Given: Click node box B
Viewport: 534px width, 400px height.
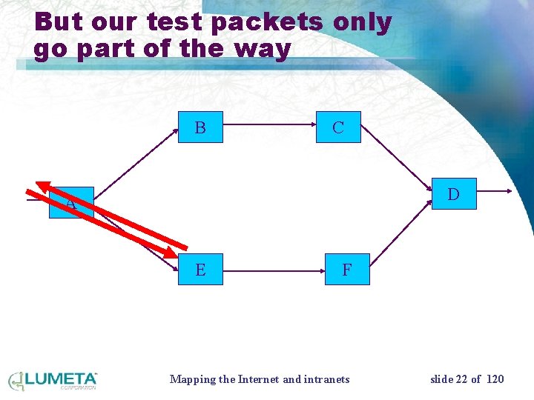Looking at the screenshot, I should [200, 127].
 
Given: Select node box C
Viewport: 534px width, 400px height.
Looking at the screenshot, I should [337, 127].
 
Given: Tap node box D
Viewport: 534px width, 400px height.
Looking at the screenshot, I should [453, 194].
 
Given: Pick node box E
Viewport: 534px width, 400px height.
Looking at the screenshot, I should [200, 270].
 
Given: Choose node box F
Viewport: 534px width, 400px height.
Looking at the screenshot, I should [346, 270].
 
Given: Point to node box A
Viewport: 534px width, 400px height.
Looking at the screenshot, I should [71, 203].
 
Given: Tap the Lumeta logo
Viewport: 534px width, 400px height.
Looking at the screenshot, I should [53, 380].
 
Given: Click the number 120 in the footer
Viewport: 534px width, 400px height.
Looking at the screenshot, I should [494, 379].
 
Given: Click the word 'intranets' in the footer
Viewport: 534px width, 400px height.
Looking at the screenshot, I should [327, 379].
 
